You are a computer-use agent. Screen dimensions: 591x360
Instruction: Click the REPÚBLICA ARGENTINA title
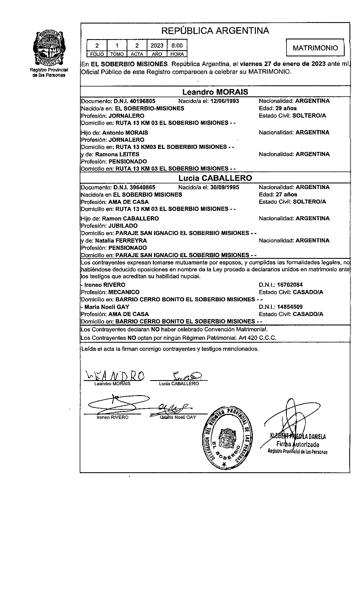tap(215, 31)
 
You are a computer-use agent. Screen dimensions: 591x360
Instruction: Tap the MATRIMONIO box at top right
tap(315, 48)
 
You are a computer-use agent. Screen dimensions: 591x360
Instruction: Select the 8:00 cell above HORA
tap(177, 45)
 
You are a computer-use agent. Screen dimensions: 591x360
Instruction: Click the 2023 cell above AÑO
tap(157, 45)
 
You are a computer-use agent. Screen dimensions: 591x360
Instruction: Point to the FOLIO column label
tap(97, 54)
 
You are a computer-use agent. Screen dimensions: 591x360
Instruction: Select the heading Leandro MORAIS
tap(215, 92)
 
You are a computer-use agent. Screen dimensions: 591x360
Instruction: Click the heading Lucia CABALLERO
tap(215, 178)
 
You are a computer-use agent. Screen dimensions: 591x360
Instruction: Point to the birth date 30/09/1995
tap(224, 187)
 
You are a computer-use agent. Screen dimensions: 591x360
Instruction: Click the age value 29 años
tap(286, 108)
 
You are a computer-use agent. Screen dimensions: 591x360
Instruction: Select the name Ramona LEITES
tap(117, 154)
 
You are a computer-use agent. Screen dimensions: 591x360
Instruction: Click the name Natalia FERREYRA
tap(121, 241)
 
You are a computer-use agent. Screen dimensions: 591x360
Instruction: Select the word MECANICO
tap(124, 292)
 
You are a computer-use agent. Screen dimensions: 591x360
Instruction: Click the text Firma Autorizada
tap(298, 444)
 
